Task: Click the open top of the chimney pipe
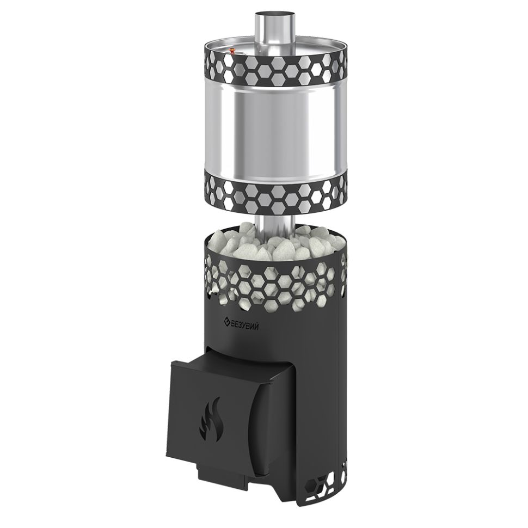pos(274,15)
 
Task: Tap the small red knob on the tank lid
pos(232,51)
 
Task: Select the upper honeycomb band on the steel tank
pos(275,69)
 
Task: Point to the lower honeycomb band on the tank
pos(275,195)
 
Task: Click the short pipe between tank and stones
pos(274,225)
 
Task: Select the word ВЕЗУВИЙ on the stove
pos(245,326)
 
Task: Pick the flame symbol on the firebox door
pos(210,420)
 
